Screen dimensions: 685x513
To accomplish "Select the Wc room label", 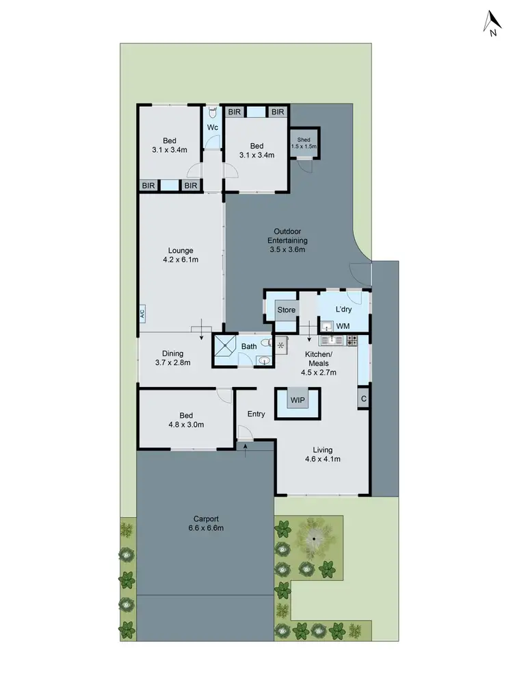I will [213, 128].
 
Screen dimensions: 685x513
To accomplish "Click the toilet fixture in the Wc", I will [213, 111].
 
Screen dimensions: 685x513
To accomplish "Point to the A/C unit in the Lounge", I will [142, 314].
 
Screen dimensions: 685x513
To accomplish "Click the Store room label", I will [287, 310].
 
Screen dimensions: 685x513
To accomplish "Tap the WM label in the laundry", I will [343, 326].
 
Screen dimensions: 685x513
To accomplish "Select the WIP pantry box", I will [297, 399].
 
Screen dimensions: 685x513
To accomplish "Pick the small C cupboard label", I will [363, 399].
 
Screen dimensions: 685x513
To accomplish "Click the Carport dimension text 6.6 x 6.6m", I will [205, 528].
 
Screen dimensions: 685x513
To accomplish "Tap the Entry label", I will [256, 414].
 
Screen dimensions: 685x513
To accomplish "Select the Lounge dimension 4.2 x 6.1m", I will [181, 260].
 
